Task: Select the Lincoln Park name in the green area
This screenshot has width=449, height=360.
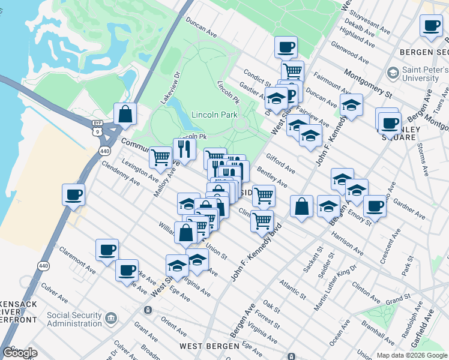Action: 214,115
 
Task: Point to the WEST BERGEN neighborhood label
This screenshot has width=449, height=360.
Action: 208,347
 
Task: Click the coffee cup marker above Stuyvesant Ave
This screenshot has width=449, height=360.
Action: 431,26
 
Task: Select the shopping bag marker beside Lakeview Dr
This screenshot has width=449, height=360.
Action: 124,113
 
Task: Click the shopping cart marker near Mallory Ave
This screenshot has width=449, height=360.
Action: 160,157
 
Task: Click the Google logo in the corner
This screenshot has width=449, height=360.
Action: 20,353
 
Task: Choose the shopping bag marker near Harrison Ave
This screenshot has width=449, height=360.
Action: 301,206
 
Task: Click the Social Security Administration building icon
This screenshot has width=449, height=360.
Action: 110,317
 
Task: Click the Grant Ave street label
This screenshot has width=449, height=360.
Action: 146,328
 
